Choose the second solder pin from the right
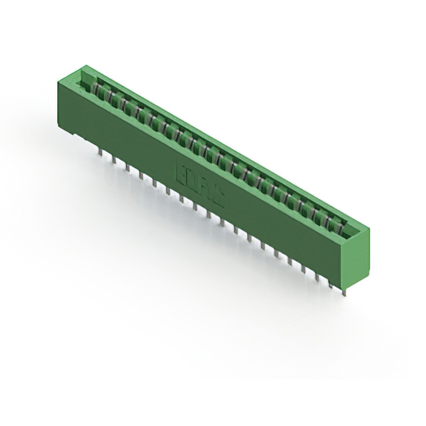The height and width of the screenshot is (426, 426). (330, 282)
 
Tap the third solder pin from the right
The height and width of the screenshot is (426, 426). (317, 275)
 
